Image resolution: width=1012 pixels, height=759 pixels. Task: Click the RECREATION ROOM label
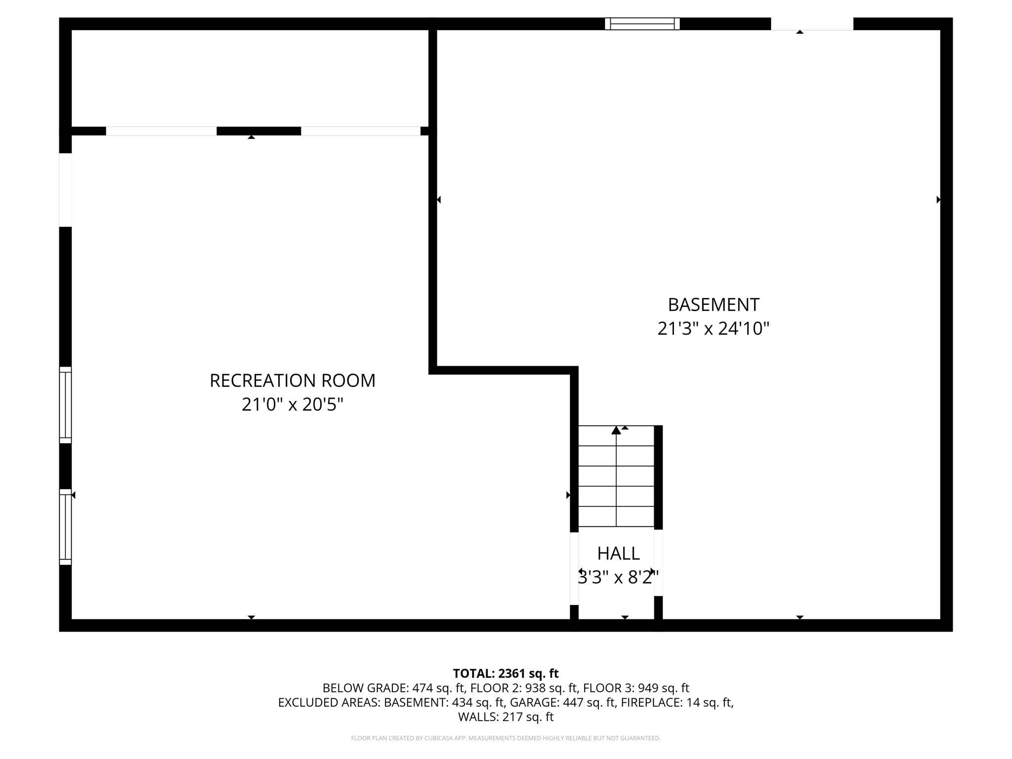pos(293,380)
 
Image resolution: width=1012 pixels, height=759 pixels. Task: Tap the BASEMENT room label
pos(713,305)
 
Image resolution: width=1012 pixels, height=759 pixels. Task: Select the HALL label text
pos(618,553)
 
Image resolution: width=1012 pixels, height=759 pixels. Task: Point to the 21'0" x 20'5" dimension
pos(293,405)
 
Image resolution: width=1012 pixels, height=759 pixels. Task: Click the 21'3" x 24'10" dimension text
pos(713,329)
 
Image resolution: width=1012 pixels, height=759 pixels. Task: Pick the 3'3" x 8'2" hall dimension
pos(618,577)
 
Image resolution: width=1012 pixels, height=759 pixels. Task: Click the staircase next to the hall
pos(616,476)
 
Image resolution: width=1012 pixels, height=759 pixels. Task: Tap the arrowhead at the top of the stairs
pos(616,430)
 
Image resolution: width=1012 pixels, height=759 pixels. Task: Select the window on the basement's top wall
pos(642,24)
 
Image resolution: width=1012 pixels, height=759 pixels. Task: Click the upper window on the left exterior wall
pos(65,405)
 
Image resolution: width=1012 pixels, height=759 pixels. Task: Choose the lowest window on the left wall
pos(65,527)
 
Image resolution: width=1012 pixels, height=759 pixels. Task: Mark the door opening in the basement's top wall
pos(812,24)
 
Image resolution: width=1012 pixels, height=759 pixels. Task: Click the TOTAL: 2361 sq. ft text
pos(506,674)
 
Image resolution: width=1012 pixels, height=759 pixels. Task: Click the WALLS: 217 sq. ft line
pos(506,717)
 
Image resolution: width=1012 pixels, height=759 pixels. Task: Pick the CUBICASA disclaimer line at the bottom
pos(506,738)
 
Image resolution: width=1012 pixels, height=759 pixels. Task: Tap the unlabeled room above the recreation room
pos(250,78)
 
